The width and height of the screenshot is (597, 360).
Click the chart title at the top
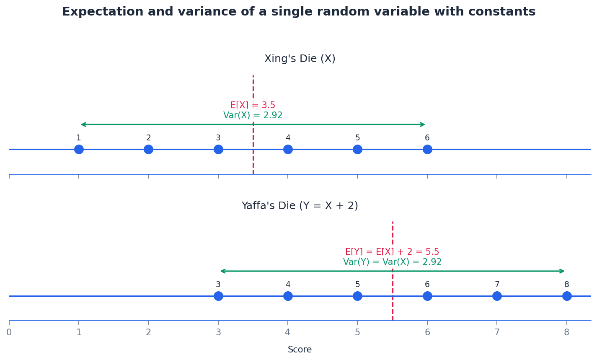click(x=298, y=12)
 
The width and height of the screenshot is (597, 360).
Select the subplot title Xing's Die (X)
click(x=300, y=59)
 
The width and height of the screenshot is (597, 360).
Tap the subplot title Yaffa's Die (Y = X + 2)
click(x=300, y=206)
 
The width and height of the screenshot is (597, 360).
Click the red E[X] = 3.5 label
click(x=253, y=105)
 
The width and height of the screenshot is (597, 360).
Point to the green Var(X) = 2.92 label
click(x=253, y=115)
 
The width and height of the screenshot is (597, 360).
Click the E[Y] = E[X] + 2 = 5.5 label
click(x=392, y=252)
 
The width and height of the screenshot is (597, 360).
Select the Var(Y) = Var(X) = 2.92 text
click(x=392, y=262)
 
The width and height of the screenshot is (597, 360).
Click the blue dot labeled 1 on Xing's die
click(x=79, y=149)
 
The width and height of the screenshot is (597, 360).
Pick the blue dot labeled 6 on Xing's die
click(x=427, y=149)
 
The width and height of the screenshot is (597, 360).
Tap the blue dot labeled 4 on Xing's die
click(x=288, y=149)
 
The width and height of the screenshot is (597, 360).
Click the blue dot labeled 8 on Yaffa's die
click(x=567, y=296)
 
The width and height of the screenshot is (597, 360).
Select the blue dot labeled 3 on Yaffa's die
click(x=218, y=296)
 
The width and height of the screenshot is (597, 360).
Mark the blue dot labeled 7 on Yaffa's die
click(x=497, y=296)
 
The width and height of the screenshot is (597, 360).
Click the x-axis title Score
click(x=300, y=350)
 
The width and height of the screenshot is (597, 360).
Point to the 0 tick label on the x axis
click(x=9, y=332)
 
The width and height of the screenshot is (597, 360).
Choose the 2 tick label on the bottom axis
click(x=148, y=332)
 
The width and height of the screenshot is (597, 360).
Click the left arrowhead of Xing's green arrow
click(x=83, y=124)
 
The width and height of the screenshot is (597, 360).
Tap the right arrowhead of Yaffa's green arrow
click(x=563, y=271)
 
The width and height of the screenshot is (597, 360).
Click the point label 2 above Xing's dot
click(x=148, y=138)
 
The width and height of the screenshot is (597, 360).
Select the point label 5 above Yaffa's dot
click(x=357, y=285)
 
